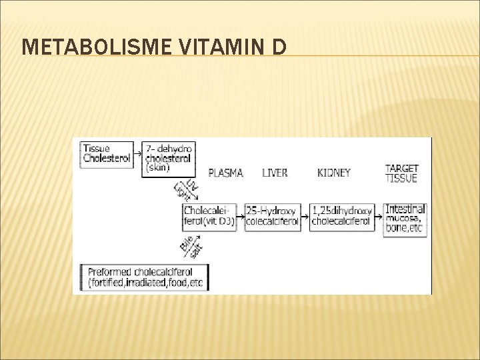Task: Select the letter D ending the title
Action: coord(279,46)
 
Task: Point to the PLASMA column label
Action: coord(225,173)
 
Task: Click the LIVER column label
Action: coord(275,173)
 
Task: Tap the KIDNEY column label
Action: coord(333,173)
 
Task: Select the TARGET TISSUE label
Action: coord(402,173)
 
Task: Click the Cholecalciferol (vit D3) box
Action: coord(209,217)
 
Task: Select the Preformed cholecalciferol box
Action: coord(143,277)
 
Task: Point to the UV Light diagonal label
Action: coord(183,189)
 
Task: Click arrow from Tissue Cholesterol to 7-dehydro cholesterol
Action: coord(139,153)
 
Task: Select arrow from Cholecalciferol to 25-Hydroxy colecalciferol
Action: coord(241,216)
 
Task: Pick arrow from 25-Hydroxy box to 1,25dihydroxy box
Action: coord(307,216)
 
